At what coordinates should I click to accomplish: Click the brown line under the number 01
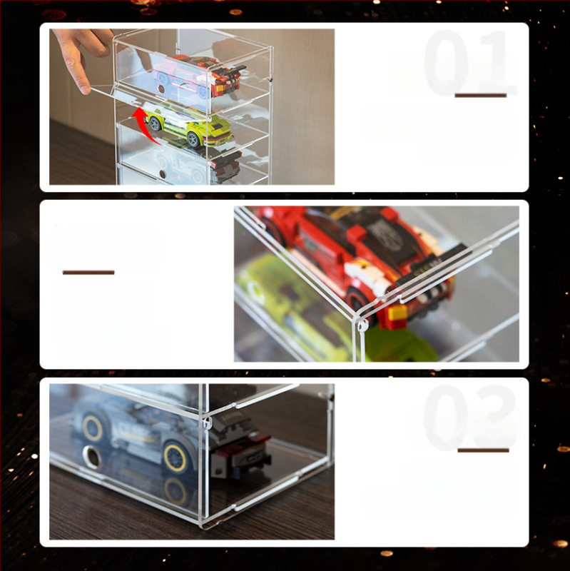pos(480,95)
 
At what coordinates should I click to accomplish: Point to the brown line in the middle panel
pos(88,272)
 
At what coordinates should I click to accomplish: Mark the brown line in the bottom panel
pos(483,450)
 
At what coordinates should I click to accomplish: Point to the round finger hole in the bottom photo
pos(91,457)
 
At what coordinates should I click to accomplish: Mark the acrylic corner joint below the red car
pos(362,325)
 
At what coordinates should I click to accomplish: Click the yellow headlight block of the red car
pos(397,313)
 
